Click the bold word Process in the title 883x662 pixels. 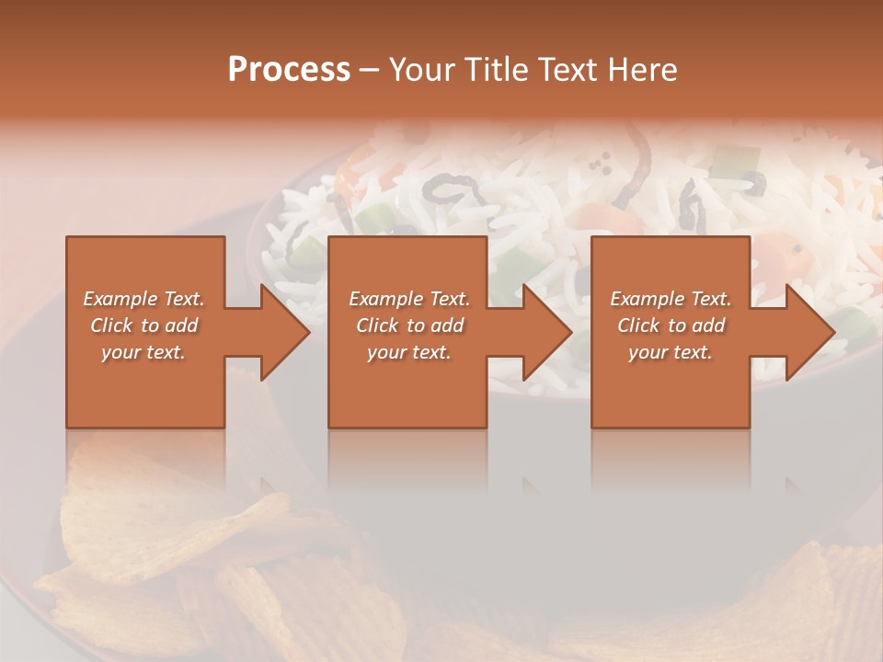coord(289,70)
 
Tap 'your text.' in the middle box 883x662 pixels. coord(408,352)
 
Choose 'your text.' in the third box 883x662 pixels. coord(670,352)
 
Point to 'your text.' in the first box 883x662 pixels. coord(143,352)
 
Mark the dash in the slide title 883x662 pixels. coord(370,70)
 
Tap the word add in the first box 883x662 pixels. coord(180,325)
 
